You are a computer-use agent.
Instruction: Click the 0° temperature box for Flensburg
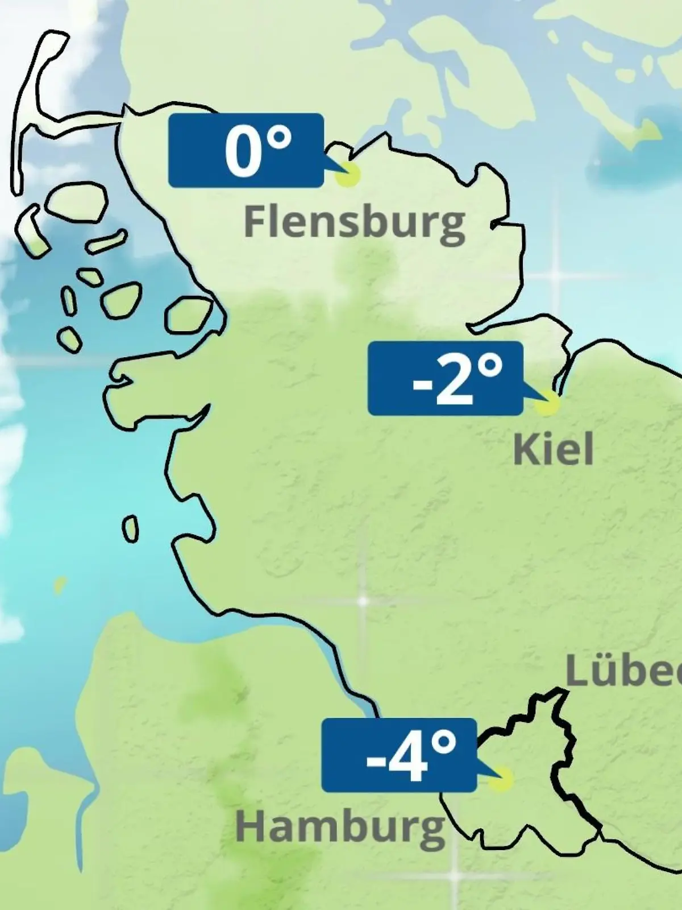coord(246,150)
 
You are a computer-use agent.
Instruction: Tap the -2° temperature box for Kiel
coord(445,378)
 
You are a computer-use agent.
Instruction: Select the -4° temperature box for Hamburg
coord(398,755)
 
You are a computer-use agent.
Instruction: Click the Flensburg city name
coord(354,222)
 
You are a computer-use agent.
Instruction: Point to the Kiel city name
coord(553,449)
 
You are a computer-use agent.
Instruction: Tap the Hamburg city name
coord(340,828)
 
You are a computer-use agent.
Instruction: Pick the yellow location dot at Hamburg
coord(501,779)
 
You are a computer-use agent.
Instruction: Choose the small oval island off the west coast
coord(130,529)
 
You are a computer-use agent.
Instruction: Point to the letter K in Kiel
coord(526,449)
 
